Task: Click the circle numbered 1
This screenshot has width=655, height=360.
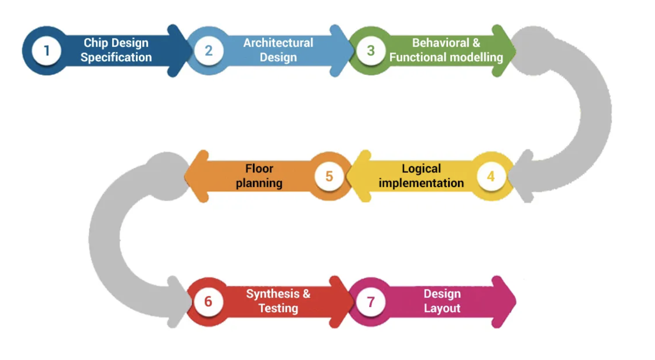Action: [46, 51]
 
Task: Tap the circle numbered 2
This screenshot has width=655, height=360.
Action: [208, 51]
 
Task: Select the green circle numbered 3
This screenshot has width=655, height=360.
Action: [371, 51]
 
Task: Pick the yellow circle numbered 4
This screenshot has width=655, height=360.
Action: [491, 176]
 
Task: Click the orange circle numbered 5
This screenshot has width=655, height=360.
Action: [329, 176]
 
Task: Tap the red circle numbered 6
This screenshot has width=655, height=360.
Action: [208, 302]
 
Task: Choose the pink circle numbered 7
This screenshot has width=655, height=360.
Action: [371, 302]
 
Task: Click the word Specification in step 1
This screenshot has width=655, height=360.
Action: [116, 58]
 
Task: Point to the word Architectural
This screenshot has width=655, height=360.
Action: [278, 43]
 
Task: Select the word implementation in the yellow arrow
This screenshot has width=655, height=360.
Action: [421, 183]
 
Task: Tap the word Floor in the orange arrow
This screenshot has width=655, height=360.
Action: [259, 168]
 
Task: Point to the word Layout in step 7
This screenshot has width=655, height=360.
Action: [442, 309]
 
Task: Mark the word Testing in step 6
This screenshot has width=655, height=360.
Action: [278, 309]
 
